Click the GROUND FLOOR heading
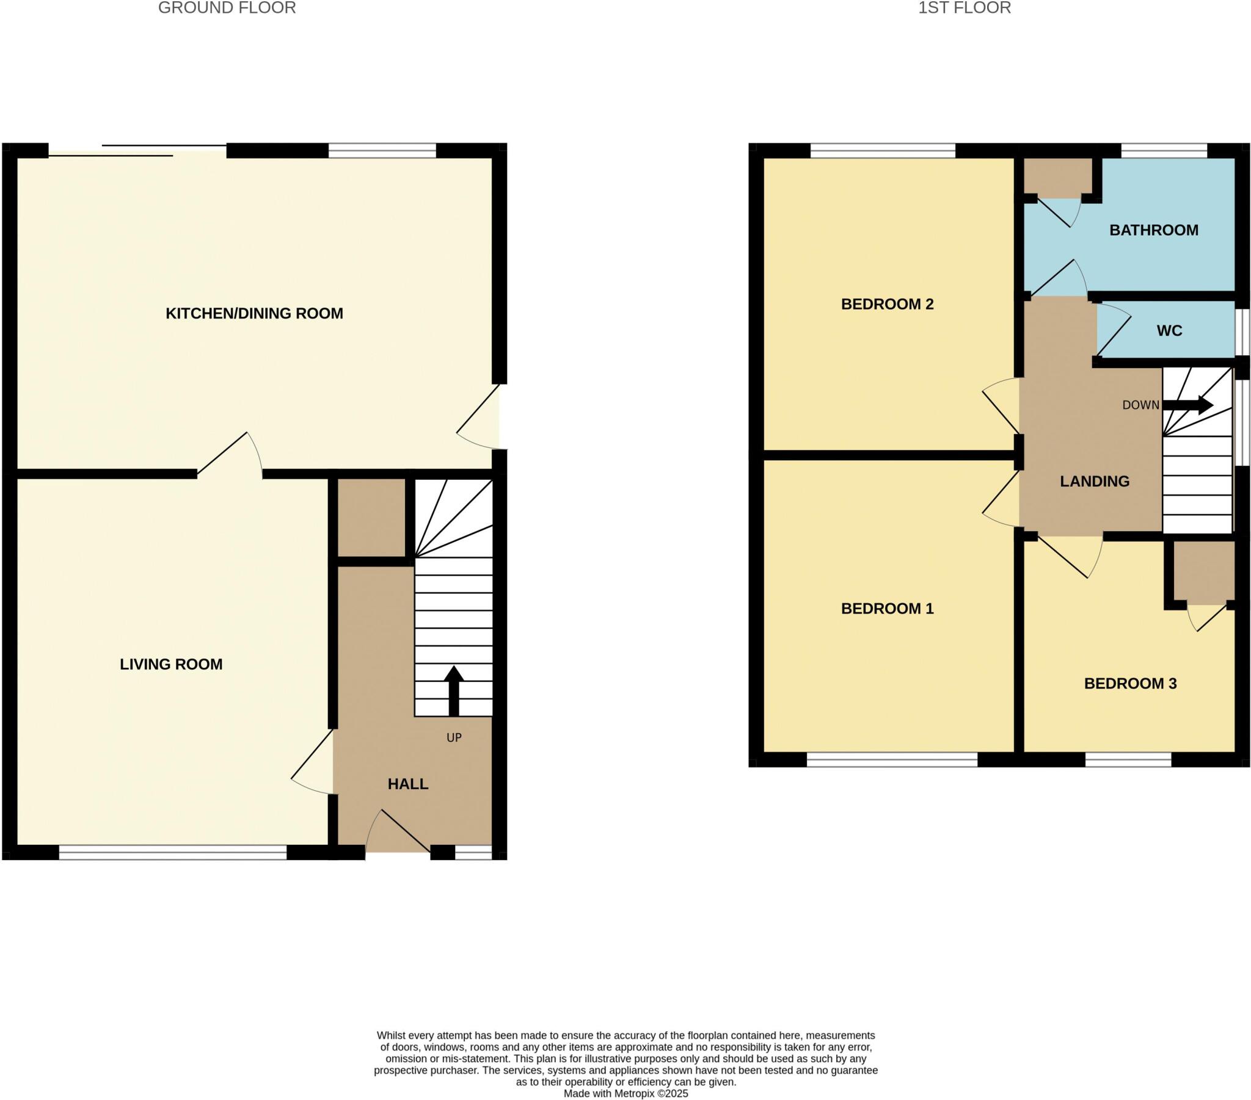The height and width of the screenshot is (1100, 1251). tap(227, 8)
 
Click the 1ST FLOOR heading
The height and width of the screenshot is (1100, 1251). tap(964, 8)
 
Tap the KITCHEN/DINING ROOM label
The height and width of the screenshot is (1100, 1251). tap(254, 313)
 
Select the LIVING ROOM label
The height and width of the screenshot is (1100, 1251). tap(171, 664)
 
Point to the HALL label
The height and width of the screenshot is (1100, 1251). tap(407, 784)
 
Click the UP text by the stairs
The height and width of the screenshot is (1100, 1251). tap(453, 738)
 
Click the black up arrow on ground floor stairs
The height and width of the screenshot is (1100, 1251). tap(453, 690)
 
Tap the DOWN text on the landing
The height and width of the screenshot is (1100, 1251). tap(1140, 405)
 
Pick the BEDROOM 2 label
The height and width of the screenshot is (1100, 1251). tap(887, 304)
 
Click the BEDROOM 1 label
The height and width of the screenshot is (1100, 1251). tap(887, 608)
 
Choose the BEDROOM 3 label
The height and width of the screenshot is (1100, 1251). tap(1130, 683)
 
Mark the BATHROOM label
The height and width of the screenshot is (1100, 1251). tap(1154, 230)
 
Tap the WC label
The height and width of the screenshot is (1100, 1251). tap(1169, 331)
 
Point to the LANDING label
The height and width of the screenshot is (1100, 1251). tap(1094, 482)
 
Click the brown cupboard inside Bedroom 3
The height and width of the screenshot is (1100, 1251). tap(1203, 572)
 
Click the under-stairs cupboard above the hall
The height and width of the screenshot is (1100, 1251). tap(371, 518)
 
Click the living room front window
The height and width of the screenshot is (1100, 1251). tap(173, 853)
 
